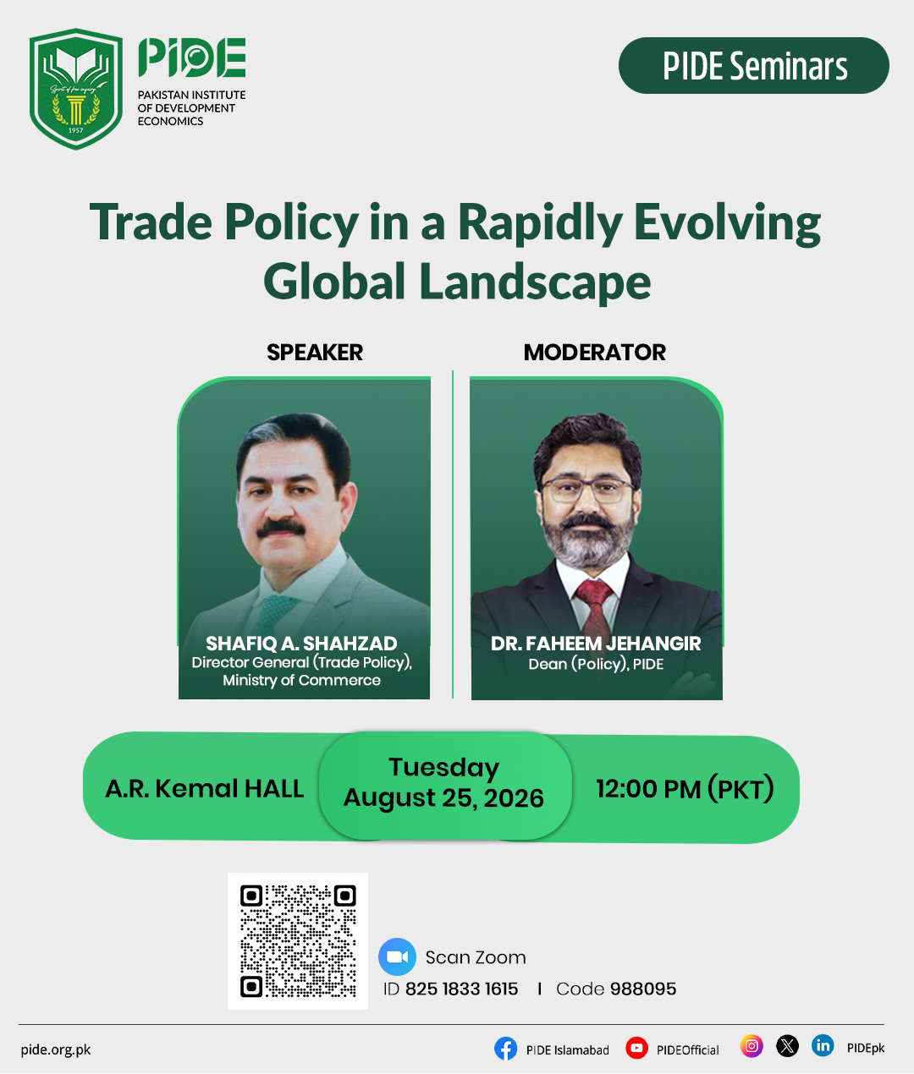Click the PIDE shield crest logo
tap(76, 89)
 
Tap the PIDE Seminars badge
tap(753, 65)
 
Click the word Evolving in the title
tap(727, 223)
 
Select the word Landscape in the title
tap(535, 281)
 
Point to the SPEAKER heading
tap(315, 353)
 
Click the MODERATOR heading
tap(594, 353)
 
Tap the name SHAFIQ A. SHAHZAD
tap(301, 644)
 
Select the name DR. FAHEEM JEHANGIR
tap(596, 644)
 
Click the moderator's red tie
tap(594, 608)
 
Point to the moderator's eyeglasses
tap(586, 490)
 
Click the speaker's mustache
tap(281, 529)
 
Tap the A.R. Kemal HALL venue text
tap(204, 788)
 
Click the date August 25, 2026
tap(443, 797)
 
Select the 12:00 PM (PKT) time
tap(685, 789)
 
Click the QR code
tap(298, 941)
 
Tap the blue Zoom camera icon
tap(397, 956)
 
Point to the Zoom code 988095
tap(643, 989)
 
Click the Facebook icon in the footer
tap(505, 1049)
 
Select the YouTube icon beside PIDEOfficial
tap(636, 1048)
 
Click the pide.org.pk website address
tap(56, 1049)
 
